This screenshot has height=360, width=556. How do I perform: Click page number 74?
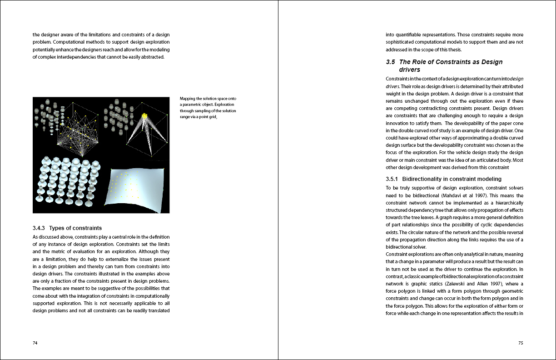(35, 343)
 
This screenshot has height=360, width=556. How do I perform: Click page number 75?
(521, 343)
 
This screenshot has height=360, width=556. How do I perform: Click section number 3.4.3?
(40, 228)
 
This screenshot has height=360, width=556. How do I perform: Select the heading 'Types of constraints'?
(75, 228)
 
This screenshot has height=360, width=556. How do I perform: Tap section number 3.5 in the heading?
(390, 62)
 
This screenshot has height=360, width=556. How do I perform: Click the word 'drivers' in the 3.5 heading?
(410, 70)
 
